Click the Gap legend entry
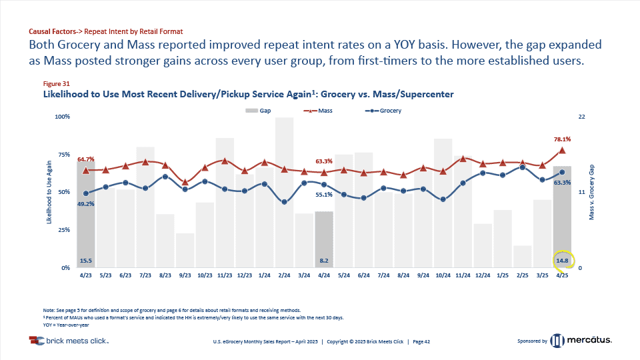coord(261,111)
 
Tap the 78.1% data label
coord(562,139)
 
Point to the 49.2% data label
coord(86,204)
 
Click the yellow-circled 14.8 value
coord(562,260)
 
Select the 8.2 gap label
coord(324,260)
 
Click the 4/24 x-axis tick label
coord(324,275)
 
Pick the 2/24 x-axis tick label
coord(284,275)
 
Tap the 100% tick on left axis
coord(62,117)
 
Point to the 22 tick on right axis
coord(581,117)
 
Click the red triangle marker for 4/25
coord(562,151)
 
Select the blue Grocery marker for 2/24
coord(285,201)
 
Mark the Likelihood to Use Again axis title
coord(49,192)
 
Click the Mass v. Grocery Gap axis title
coord(591,192)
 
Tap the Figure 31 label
coord(56,84)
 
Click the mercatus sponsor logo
coord(580,341)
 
